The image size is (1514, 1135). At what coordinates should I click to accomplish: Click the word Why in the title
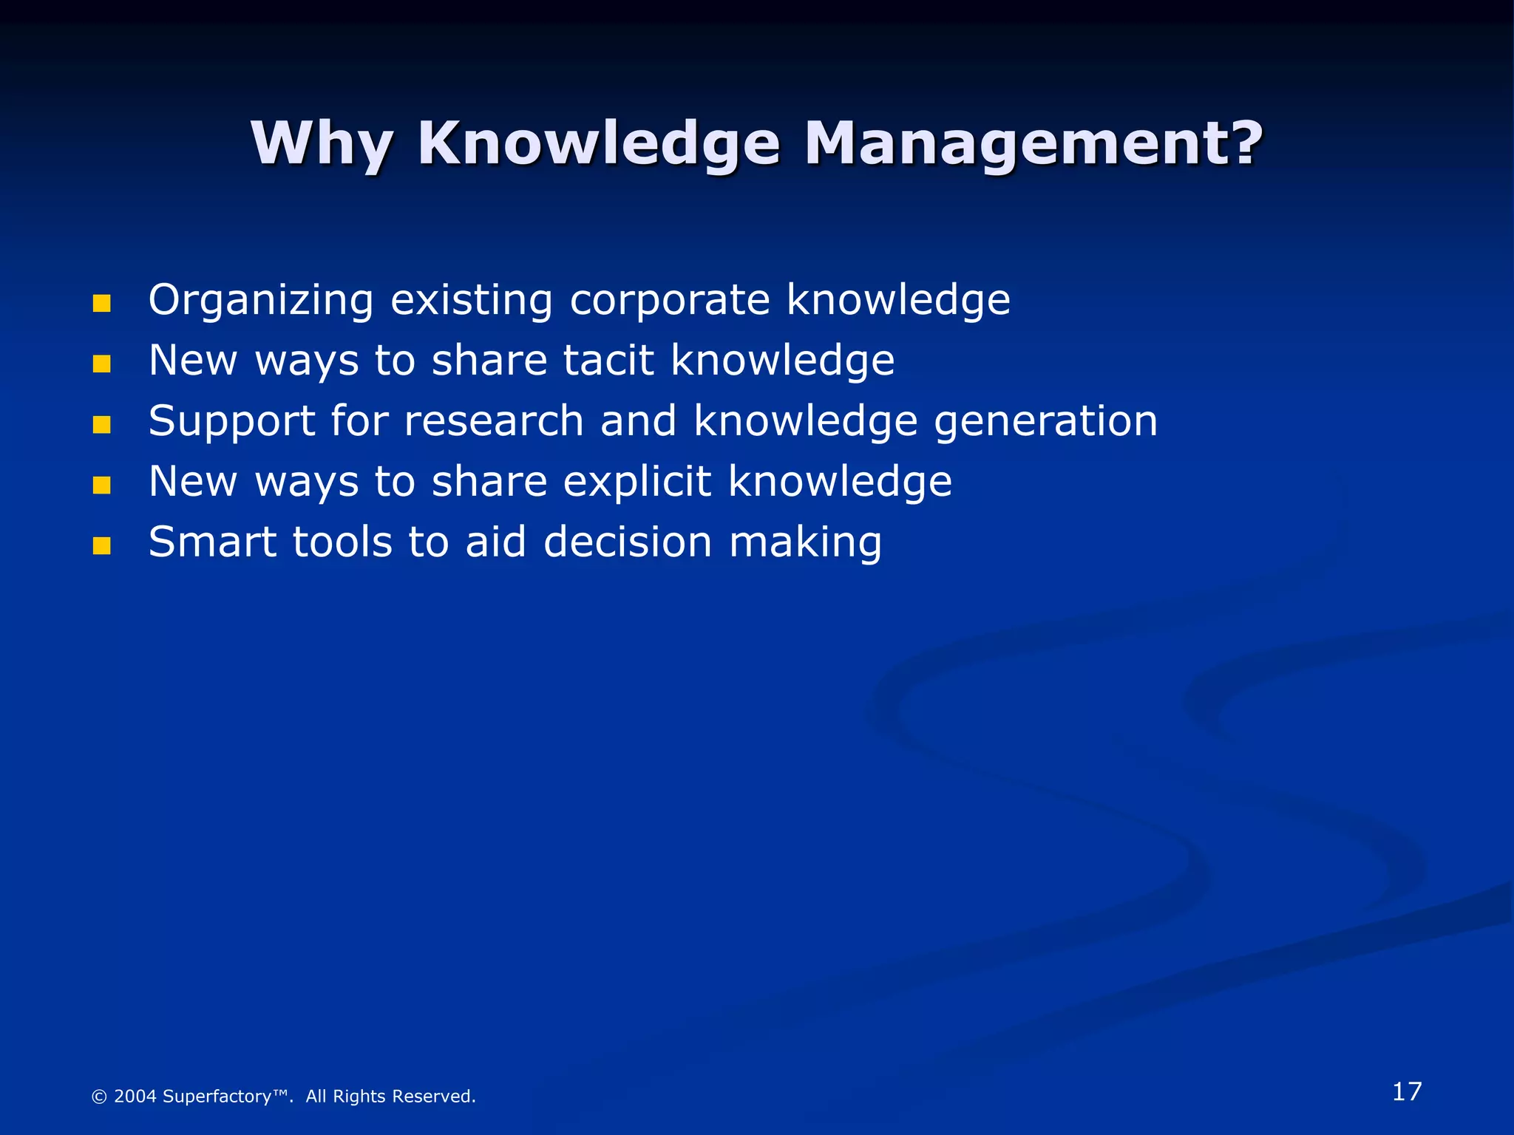(x=321, y=143)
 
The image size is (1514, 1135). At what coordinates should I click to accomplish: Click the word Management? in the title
(x=1033, y=143)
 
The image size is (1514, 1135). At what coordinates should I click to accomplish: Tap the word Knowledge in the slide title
(x=599, y=143)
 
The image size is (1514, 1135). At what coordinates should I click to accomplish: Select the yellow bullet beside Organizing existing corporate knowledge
(x=101, y=304)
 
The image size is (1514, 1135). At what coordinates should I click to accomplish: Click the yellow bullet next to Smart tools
(x=101, y=546)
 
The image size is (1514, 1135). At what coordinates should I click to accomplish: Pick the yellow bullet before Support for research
(x=101, y=425)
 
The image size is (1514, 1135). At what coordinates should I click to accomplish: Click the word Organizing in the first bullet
(x=260, y=301)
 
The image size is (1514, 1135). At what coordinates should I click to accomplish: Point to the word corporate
(x=670, y=300)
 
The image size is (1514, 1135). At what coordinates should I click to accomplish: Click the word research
(x=494, y=421)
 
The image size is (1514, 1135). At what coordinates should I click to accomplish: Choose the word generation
(x=1045, y=423)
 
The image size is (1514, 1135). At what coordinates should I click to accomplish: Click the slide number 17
(x=1406, y=1091)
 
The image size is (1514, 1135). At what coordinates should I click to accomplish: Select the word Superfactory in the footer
(x=217, y=1097)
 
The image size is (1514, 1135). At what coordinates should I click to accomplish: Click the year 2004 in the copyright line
(x=135, y=1097)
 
